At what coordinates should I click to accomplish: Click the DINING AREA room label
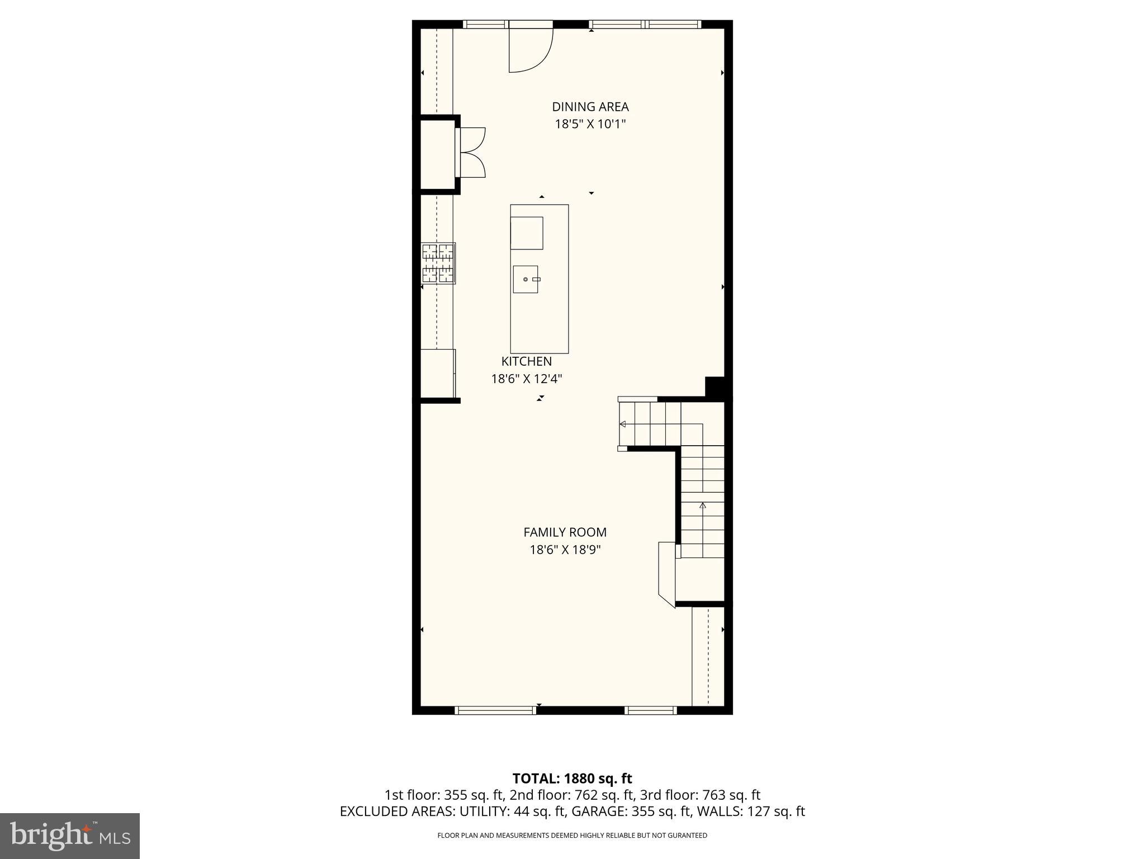pos(590,107)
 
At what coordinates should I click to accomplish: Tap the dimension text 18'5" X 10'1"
pos(590,124)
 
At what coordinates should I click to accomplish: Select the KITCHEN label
pos(526,362)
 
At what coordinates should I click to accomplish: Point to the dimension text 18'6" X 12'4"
pos(526,379)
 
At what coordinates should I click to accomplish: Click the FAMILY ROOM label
pos(565,532)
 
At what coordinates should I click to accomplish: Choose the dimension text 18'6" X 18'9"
pos(565,550)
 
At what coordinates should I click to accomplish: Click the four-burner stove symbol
pos(438,263)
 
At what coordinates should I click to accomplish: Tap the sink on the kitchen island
pos(526,279)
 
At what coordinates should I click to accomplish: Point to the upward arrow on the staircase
pos(703,506)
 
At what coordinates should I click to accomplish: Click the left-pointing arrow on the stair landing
pos(622,424)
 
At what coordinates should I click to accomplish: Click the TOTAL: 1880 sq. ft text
pos(572,778)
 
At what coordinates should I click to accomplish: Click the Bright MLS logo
pos(70,836)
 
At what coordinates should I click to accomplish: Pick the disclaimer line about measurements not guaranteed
pos(572,836)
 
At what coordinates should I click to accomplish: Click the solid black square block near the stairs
pos(715,387)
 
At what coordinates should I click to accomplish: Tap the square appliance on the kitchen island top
pos(527,233)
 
